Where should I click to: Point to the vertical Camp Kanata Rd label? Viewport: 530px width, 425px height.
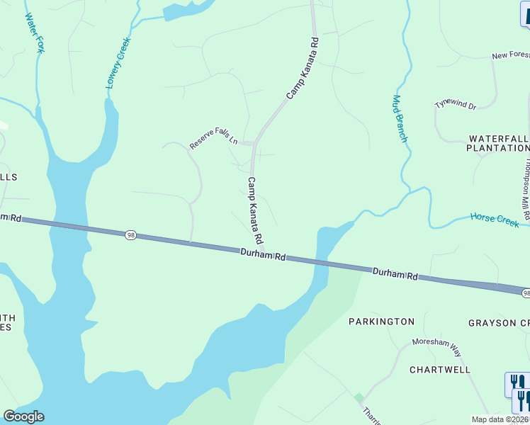(x=255, y=210)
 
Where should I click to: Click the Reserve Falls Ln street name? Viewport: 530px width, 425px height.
(x=213, y=140)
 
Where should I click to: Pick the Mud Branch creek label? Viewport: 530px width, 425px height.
(x=400, y=118)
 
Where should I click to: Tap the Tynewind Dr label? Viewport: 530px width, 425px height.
(x=456, y=104)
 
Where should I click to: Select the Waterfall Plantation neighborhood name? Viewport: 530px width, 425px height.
(x=498, y=143)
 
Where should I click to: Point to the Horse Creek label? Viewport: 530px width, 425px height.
(x=495, y=220)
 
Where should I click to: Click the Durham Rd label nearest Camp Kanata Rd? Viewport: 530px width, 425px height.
(x=262, y=254)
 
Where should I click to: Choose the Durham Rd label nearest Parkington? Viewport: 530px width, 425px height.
(x=395, y=273)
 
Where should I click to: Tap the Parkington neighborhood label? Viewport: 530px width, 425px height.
(x=381, y=322)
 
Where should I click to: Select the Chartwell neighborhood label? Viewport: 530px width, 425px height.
(x=440, y=370)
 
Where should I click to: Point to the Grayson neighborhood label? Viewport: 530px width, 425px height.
(x=498, y=323)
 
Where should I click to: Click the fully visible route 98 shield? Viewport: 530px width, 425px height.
(x=130, y=235)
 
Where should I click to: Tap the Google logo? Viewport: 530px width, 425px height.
(x=23, y=416)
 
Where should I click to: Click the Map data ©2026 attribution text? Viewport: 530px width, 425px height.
(x=500, y=419)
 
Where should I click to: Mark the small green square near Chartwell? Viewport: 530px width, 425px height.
(x=359, y=398)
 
